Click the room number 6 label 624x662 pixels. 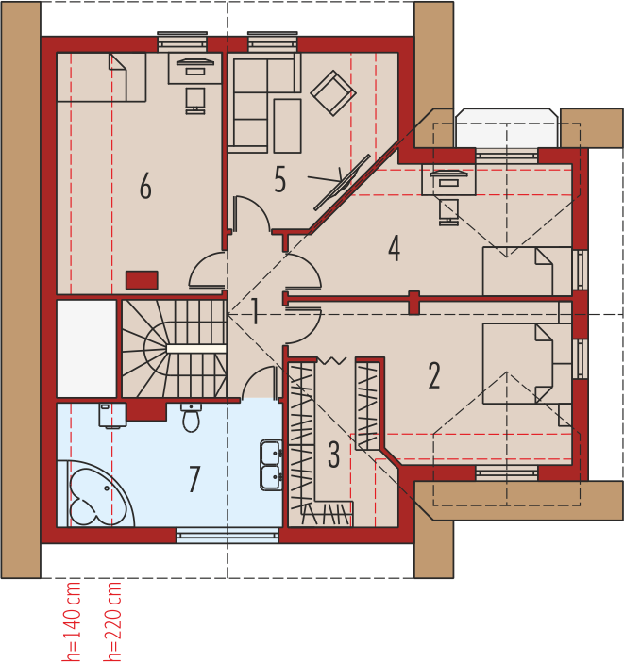coord(145,186)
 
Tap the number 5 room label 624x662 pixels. coord(279,179)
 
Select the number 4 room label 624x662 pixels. coord(394,248)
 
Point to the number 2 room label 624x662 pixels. coord(434,375)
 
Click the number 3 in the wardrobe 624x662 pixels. coord(333,455)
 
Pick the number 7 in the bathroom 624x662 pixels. coord(194,479)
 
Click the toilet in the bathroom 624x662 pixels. coord(191,418)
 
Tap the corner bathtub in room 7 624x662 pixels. coord(95,494)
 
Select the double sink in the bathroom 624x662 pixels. coord(271,465)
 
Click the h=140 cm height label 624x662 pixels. coord(72,621)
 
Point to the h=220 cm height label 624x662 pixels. coord(113,621)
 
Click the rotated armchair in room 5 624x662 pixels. coord(333,92)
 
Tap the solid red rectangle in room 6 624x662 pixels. coord(142,280)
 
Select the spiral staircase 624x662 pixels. coord(175,348)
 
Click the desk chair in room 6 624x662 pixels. coord(195,101)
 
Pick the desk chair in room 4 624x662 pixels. coord(449,212)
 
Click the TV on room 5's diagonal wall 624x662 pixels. coord(343,182)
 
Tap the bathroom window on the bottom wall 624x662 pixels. coord(228,537)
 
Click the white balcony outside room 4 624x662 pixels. coord(507,128)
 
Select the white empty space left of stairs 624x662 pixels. coord(87,348)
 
